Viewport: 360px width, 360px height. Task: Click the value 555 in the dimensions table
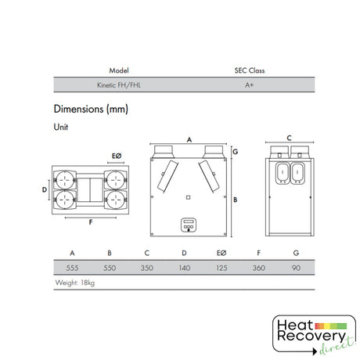(x=72, y=268)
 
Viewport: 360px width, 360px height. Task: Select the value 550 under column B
(x=110, y=268)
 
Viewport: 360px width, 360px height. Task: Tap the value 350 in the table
(x=147, y=268)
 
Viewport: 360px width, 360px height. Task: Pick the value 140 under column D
(x=185, y=268)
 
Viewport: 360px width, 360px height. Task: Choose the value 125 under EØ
(x=221, y=268)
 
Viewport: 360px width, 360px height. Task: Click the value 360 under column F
(x=259, y=268)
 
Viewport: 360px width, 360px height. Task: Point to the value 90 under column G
(x=296, y=268)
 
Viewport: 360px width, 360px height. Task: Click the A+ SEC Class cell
(x=249, y=85)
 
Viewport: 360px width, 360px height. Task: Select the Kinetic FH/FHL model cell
(x=119, y=85)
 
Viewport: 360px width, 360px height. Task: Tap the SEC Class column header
(x=250, y=70)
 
